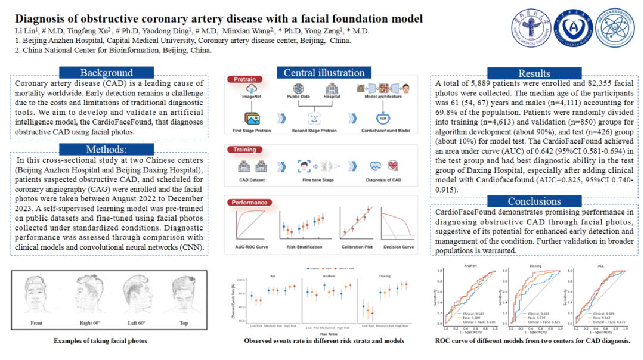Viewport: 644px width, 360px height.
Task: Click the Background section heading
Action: point(107,73)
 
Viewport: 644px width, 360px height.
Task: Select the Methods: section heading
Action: point(107,149)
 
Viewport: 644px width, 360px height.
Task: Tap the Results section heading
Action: point(534,73)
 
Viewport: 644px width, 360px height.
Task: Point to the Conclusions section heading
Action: point(534,201)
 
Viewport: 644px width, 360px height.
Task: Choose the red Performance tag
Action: point(250,203)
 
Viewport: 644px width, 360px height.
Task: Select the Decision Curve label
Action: point(399,247)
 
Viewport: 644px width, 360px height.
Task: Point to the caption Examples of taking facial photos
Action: point(100,341)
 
